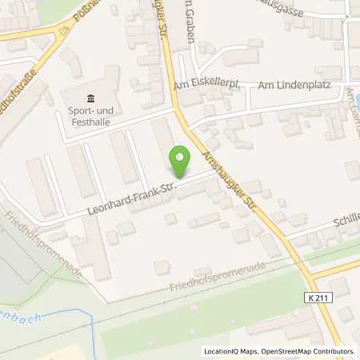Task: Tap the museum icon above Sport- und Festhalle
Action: (x=90, y=98)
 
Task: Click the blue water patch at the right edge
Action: (x=357, y=102)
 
